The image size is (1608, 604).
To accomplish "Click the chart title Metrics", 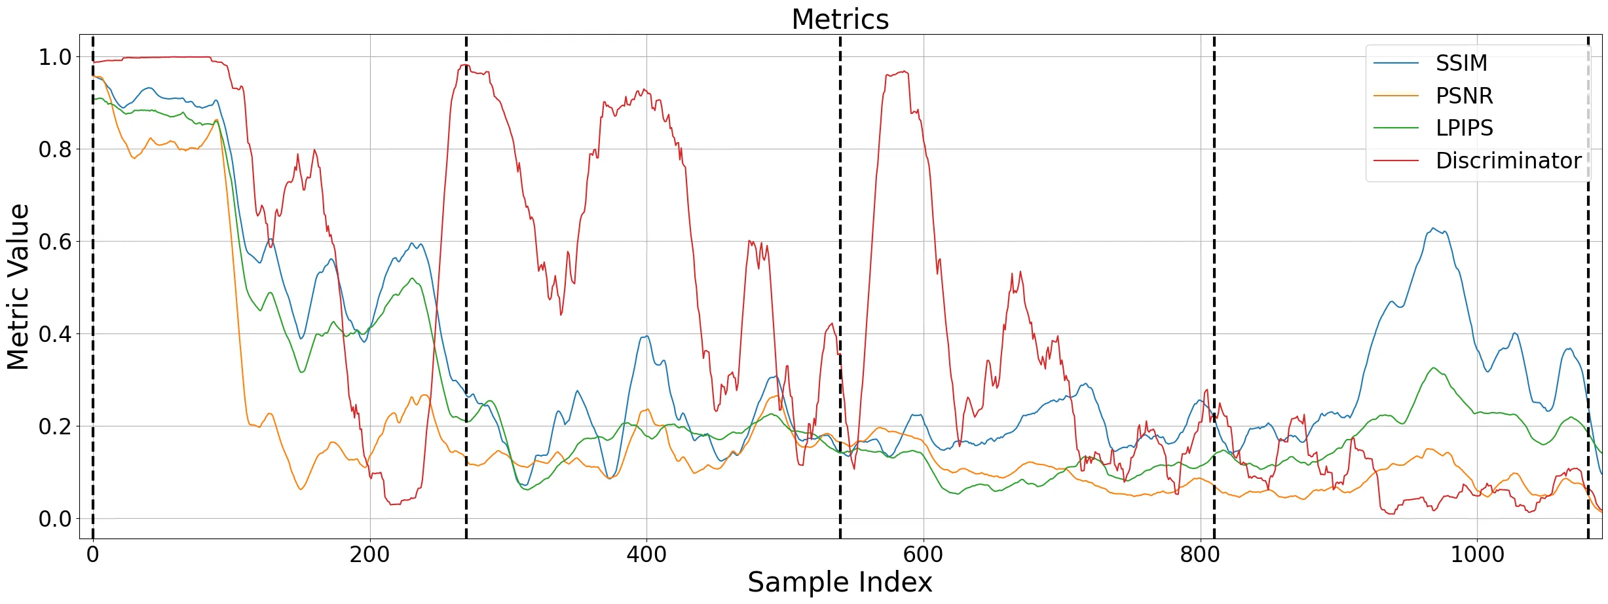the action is [x=840, y=19].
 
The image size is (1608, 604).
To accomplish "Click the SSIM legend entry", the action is [x=1461, y=63].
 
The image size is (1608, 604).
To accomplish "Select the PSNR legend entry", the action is [x=1464, y=96].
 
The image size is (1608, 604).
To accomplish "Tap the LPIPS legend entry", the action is [x=1464, y=128].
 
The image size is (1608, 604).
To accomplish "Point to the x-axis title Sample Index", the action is [x=840, y=582].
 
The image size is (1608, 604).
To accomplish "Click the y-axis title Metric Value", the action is [x=18, y=287].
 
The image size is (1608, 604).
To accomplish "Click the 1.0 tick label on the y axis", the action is [x=55, y=57].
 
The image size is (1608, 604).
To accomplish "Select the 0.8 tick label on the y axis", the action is [x=55, y=149].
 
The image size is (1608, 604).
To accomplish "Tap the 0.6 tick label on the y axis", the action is [x=55, y=242].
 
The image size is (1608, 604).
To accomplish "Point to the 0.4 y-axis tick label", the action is [x=55, y=334].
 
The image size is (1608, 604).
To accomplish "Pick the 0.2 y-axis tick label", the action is [x=55, y=426].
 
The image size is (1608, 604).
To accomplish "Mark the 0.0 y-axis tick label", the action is [x=55, y=519].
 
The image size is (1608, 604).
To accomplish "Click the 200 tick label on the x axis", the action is [x=369, y=554].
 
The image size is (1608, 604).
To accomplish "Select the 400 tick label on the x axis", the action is [x=646, y=554].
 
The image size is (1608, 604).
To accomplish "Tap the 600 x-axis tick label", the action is [x=924, y=554].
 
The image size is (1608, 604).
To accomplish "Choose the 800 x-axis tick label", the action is [x=1200, y=554].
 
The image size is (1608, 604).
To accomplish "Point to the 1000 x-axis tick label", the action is [x=1477, y=554].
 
